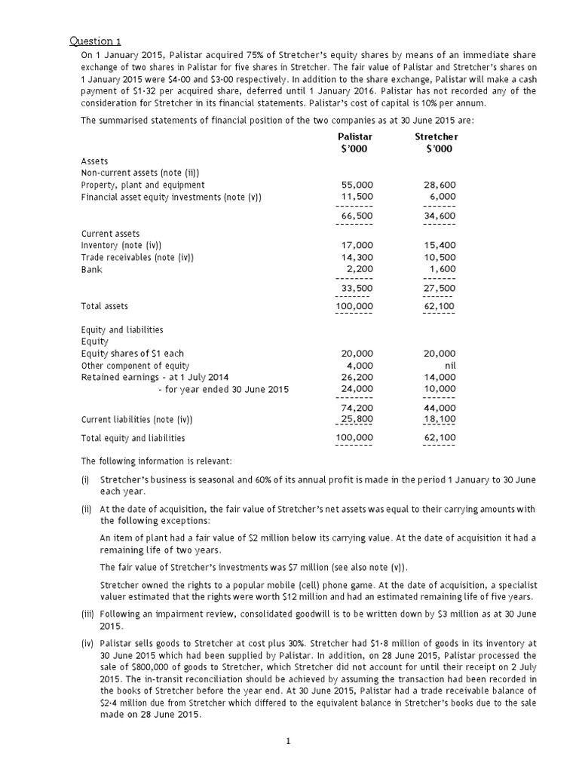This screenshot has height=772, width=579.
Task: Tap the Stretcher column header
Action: pos(436,136)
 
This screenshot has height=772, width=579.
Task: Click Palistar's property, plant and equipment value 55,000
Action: pos(357,185)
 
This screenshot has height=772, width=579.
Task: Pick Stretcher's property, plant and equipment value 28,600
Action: pos(440,185)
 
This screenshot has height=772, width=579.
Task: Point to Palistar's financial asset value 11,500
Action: pos(357,197)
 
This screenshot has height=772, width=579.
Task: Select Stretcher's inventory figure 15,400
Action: pos(440,245)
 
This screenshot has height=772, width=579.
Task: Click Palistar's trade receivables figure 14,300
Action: pos(357,257)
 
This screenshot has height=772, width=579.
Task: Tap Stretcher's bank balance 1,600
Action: pos(443,269)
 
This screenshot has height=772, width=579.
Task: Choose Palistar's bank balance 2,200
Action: pos(360,269)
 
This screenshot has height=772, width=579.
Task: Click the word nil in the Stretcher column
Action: pos(449,365)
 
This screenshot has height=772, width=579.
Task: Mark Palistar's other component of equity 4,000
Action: pos(360,365)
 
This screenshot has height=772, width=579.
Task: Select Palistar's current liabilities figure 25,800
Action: pos(357,419)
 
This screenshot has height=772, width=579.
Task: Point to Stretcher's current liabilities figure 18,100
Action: pos(440,419)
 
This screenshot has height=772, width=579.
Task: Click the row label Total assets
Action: pos(104,306)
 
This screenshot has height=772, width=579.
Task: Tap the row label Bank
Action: pos(92,269)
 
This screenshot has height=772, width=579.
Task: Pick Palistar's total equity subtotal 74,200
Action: pos(357,407)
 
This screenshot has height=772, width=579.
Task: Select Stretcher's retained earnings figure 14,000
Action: pos(440,377)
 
